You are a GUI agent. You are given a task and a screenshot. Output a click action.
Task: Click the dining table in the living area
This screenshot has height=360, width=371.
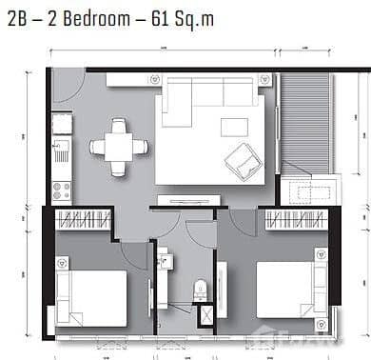(119, 147)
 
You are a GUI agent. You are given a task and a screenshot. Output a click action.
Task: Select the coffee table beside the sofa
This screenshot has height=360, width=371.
(234, 127)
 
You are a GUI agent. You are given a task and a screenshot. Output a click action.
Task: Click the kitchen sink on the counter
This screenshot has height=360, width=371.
(62, 150)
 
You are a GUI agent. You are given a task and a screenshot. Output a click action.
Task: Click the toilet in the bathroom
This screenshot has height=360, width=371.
(201, 290)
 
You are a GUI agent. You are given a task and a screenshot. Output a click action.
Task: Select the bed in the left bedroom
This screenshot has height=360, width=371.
(91, 297)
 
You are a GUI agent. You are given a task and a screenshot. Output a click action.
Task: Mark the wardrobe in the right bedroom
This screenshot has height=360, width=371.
(296, 220)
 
